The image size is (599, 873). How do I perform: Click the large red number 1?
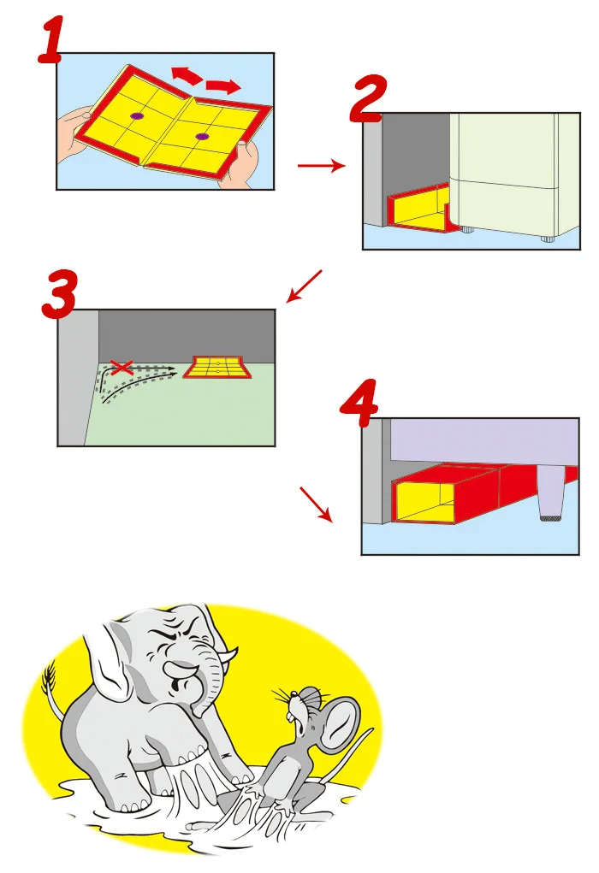click(52, 39)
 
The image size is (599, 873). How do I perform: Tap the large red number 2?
click(368, 98)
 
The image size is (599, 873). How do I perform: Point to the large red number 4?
click(359, 403)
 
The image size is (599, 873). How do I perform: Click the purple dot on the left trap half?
click(137, 116)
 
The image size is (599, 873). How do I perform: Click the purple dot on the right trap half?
click(202, 137)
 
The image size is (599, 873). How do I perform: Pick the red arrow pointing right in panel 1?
click(223, 86)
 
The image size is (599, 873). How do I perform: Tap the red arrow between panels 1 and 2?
click(322, 165)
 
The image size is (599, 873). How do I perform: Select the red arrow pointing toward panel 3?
click(304, 286)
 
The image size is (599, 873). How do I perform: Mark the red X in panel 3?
click(122, 367)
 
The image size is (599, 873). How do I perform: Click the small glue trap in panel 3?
click(217, 368)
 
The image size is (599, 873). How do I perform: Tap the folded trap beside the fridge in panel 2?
click(421, 209)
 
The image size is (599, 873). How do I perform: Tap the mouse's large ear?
click(340, 723)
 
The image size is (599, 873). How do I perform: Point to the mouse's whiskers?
click(283, 697)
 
